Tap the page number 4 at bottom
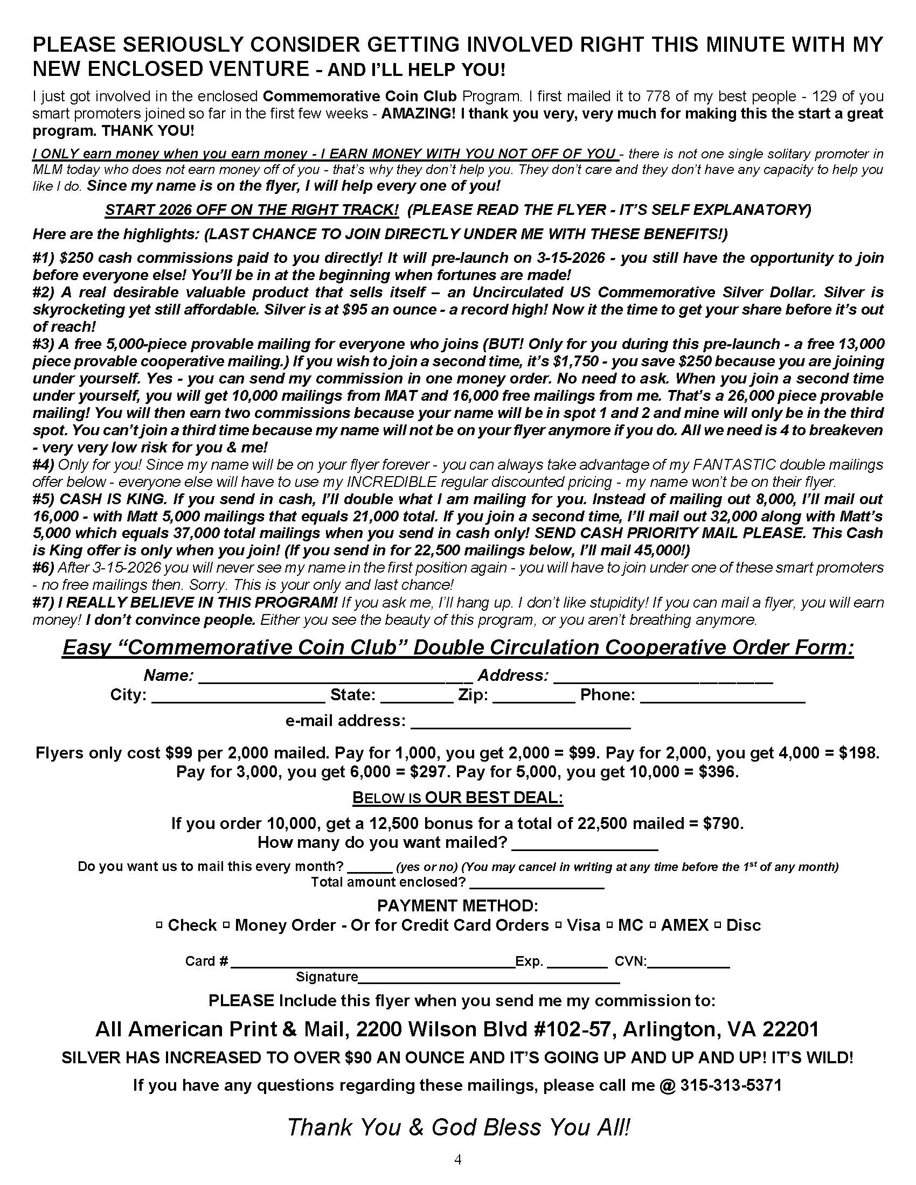[457, 1160]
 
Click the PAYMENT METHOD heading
[457, 905]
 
